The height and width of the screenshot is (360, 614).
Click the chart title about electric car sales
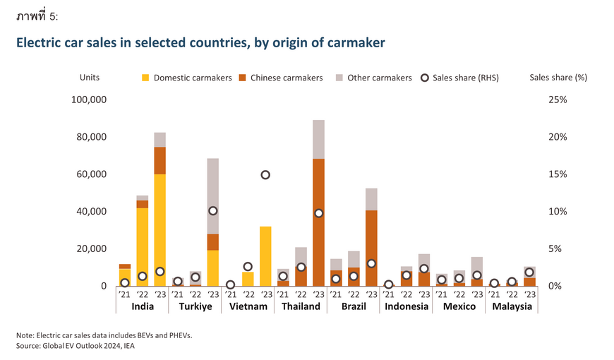200,42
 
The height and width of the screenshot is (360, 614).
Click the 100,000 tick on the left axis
90,100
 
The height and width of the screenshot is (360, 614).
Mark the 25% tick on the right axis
558,100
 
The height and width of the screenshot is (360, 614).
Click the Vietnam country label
248,306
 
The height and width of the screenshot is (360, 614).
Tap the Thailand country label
301,306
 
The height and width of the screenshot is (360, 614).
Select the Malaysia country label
512,306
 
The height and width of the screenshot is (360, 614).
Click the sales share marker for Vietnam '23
265,175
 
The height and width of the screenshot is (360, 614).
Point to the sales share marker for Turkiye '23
212,211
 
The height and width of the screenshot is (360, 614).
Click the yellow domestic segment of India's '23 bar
159,229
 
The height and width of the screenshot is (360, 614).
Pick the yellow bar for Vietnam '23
265,256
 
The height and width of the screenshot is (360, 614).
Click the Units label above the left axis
90,78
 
